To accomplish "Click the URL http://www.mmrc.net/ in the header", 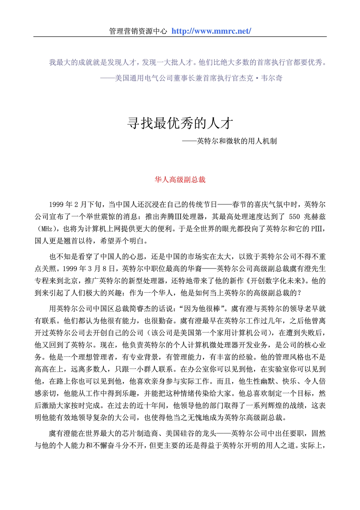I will coord(211,31).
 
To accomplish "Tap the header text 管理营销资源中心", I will coord(138,31).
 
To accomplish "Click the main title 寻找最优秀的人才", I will coord(180,123).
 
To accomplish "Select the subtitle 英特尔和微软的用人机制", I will coord(237,141).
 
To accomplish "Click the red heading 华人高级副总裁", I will coord(180,180).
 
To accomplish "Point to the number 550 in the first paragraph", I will coord(294,217).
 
